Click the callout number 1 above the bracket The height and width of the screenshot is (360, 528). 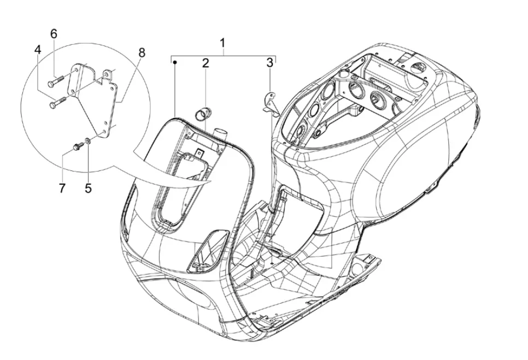click(x=222, y=43)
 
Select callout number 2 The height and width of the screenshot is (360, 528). click(x=206, y=63)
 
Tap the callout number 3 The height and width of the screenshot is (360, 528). click(x=269, y=63)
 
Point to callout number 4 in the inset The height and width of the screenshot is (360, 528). click(x=37, y=50)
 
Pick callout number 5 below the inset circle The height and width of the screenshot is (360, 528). click(x=88, y=188)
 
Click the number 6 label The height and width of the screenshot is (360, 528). click(x=54, y=34)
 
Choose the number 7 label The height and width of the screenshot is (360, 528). click(x=62, y=188)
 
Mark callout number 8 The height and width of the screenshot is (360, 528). click(x=142, y=52)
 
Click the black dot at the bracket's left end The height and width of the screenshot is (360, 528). click(x=175, y=62)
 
